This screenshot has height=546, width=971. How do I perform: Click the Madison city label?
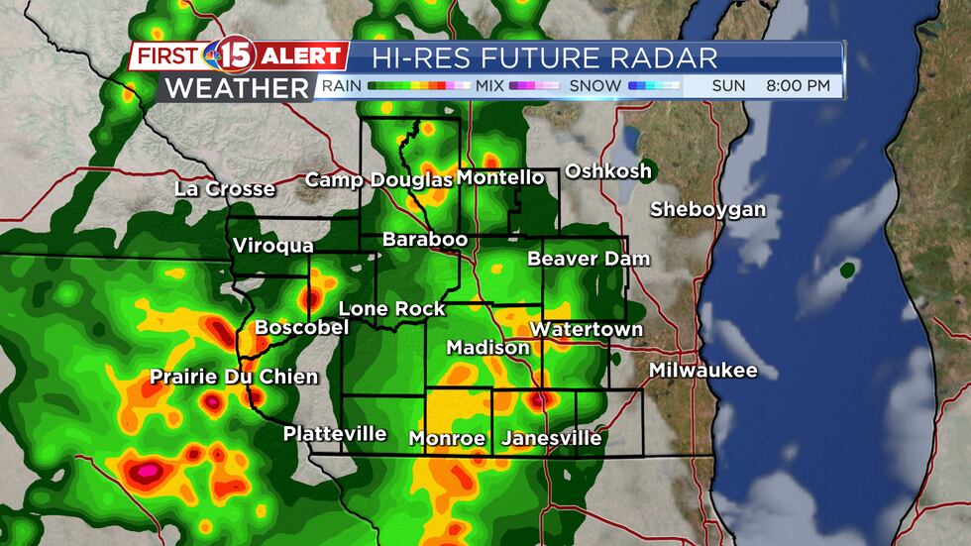(x=488, y=348)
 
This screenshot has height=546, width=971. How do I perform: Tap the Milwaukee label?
(x=702, y=371)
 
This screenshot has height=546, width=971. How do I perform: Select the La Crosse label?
(x=225, y=188)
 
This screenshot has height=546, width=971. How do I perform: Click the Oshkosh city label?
(x=608, y=171)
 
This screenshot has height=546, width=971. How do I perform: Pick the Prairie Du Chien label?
(x=234, y=377)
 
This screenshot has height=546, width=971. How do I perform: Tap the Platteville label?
(x=335, y=434)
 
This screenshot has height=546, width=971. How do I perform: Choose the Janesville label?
(x=552, y=438)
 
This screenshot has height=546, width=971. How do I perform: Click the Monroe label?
(x=448, y=438)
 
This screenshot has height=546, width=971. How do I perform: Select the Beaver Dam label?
(x=589, y=259)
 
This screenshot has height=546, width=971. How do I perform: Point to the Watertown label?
(x=587, y=329)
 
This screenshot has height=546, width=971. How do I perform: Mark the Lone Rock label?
(x=392, y=309)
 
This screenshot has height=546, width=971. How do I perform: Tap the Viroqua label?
(x=273, y=246)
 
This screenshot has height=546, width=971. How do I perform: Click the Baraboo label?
(x=425, y=240)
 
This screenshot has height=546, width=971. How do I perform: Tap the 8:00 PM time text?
(x=798, y=86)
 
